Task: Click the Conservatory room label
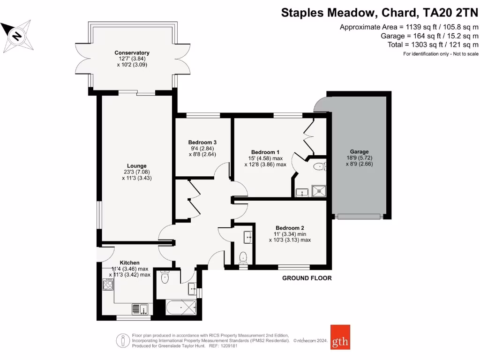132,53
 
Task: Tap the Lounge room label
136,165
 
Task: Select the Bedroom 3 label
202,142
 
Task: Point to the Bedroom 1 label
265,152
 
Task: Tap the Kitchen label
129,262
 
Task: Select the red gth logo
340,337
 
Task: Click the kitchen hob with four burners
108,285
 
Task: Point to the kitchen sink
140,309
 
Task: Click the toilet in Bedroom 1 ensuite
319,165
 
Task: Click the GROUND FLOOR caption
307,278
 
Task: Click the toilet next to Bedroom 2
243,256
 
